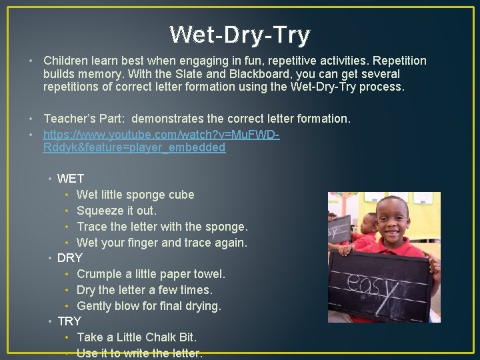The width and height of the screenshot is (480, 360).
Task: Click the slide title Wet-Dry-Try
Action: point(240,35)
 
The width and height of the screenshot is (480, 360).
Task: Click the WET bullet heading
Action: point(71,179)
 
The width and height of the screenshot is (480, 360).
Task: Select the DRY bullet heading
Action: point(70,258)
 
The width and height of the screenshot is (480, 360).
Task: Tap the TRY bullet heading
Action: point(69,321)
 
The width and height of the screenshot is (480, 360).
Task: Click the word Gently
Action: point(95,306)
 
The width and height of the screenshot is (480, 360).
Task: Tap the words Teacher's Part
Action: point(84,119)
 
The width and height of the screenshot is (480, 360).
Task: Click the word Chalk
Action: point(156,337)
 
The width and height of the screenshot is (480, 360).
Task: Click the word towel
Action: point(208,274)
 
